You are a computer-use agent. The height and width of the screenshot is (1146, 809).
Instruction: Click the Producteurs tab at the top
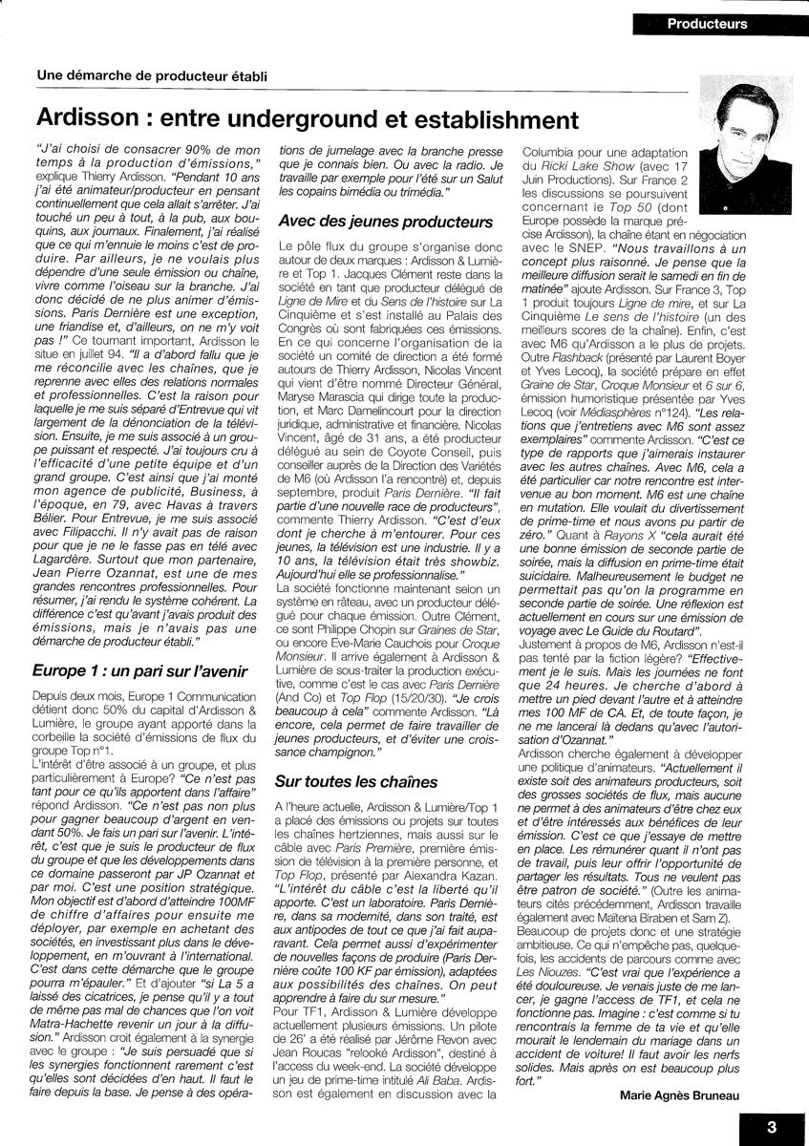708,24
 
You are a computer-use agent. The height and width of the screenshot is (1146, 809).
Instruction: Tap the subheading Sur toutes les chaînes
356,781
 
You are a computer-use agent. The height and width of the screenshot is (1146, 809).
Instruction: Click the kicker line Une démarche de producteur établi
152,75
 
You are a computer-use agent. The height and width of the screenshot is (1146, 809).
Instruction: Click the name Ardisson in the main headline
90,120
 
